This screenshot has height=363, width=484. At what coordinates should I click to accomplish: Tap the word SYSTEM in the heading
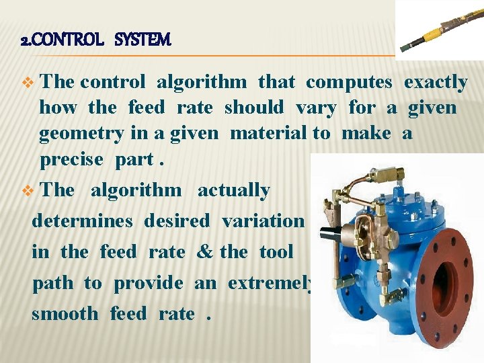pyautogui.click(x=143, y=40)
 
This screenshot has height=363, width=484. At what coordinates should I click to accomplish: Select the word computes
pyautogui.click(x=349, y=83)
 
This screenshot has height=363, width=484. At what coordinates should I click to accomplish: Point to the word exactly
pyautogui.click(x=435, y=83)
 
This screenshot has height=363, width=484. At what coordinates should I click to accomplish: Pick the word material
pyautogui.click(x=269, y=133)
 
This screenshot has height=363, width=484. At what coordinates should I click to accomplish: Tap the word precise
pyautogui.click(x=72, y=159)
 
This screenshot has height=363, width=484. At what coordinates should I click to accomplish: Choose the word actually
pyautogui.click(x=233, y=190)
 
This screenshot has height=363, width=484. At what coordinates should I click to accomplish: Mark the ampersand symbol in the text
pyautogui.click(x=204, y=252)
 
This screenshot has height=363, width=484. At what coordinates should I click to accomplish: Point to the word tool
pyautogui.click(x=276, y=252)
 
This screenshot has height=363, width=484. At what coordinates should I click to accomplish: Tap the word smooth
pyautogui.click(x=65, y=314)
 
